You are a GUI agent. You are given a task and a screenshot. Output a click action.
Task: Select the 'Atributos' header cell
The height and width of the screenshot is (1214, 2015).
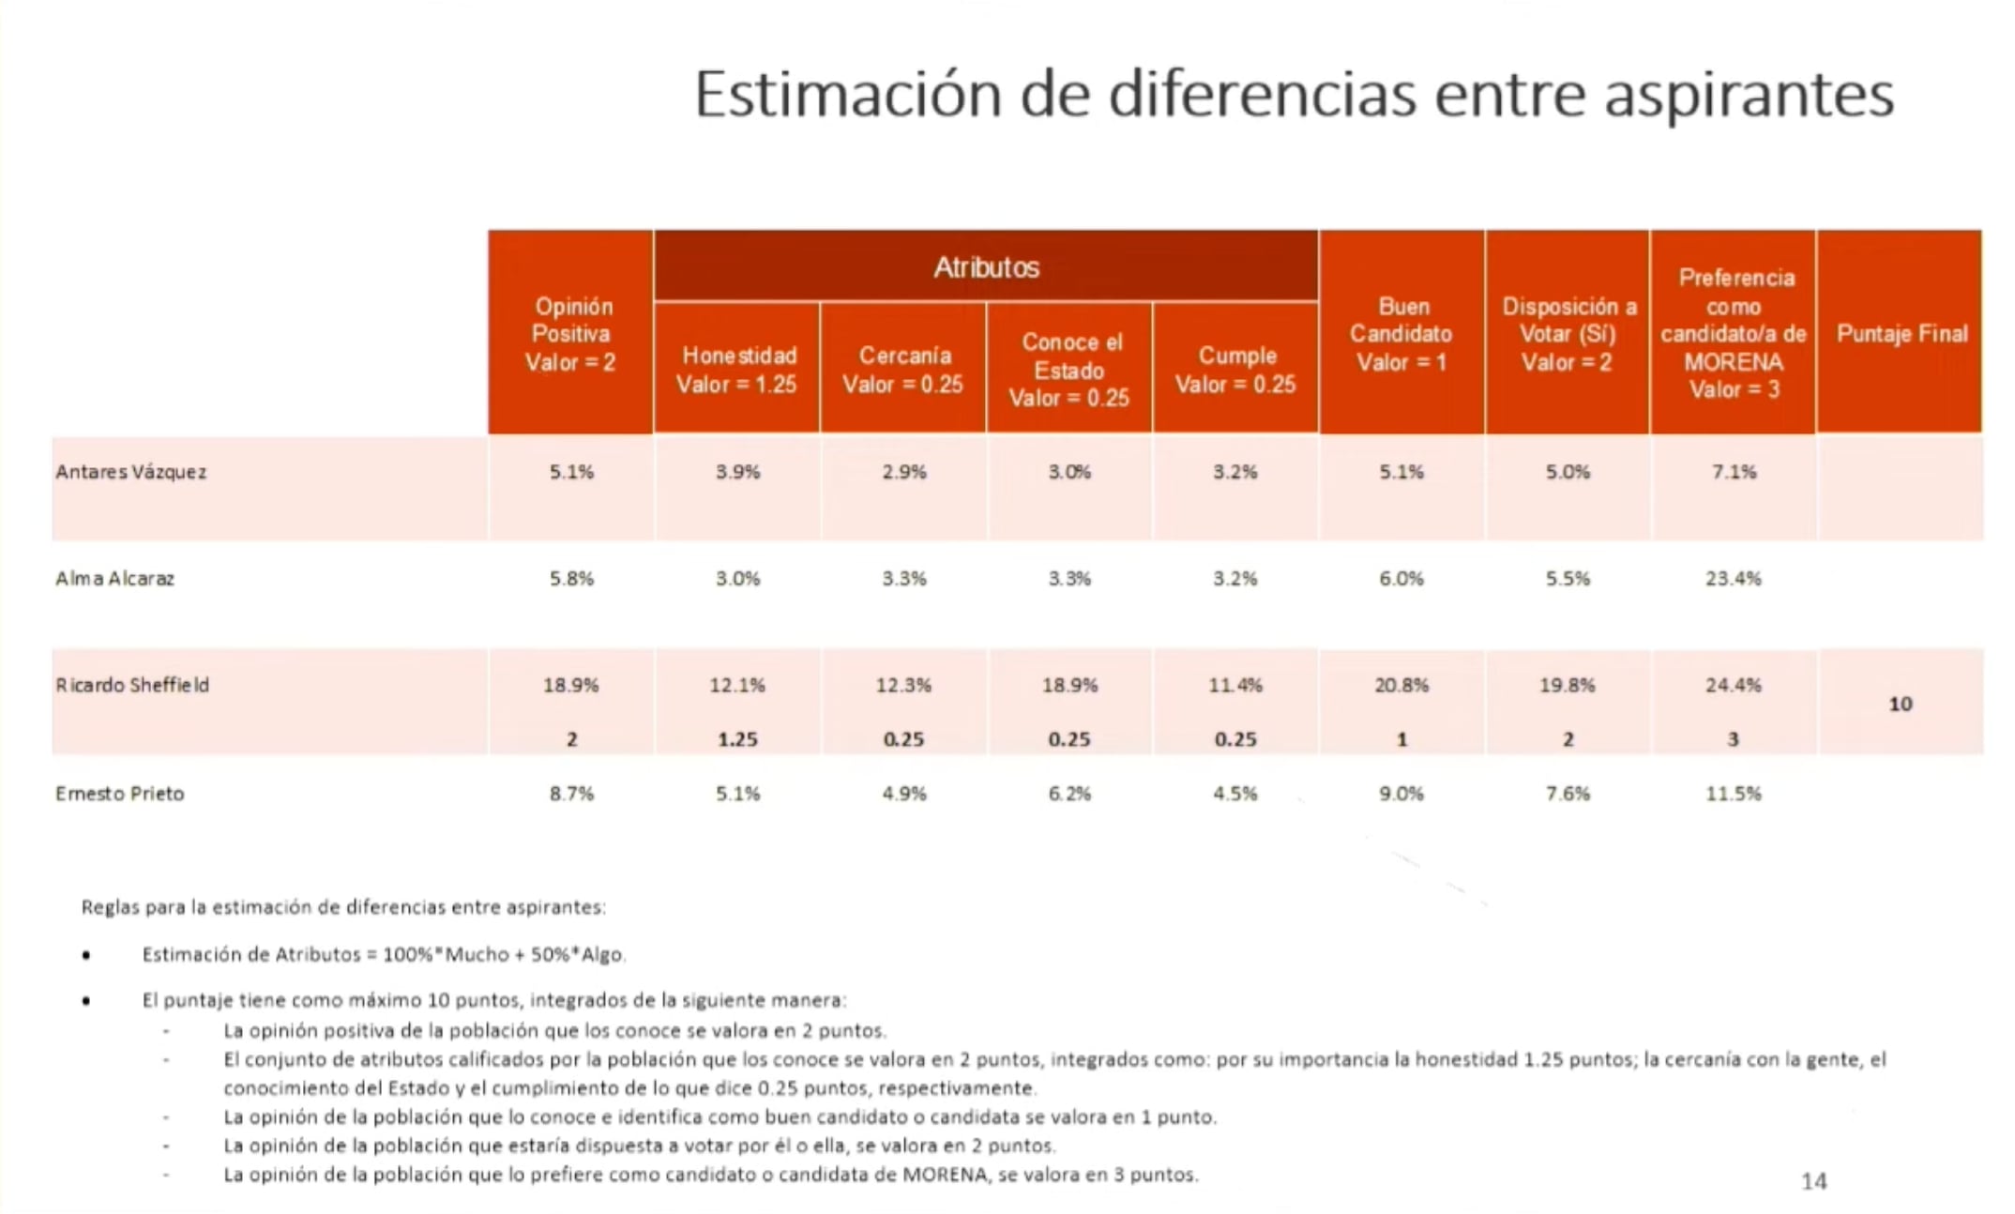986,267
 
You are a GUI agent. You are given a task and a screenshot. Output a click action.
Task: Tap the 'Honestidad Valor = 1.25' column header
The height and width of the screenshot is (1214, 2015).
737,370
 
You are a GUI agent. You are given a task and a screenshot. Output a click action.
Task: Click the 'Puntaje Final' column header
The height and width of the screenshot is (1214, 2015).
1901,333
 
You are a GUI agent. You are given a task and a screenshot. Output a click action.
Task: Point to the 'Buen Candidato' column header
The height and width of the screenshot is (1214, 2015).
1401,333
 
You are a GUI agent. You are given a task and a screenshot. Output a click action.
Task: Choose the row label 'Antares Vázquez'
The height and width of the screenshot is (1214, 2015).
130,472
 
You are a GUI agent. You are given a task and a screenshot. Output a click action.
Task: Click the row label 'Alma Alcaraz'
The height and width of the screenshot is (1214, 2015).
114,579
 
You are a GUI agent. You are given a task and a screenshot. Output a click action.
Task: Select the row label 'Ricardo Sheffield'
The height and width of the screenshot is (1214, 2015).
132,685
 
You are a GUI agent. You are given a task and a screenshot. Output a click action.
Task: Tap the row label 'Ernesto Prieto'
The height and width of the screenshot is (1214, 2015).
120,794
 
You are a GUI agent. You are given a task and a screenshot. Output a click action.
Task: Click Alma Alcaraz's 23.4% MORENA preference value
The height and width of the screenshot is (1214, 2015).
1733,579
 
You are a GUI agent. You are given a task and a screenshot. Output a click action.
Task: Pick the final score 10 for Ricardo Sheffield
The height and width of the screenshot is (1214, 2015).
1900,704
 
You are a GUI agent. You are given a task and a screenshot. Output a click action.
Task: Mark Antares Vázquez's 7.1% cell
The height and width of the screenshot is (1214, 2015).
1733,472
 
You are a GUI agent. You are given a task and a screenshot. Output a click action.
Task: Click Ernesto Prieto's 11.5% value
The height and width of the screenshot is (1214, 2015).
1733,794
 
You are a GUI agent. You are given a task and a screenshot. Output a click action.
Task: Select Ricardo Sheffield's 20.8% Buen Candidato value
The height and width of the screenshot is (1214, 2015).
1401,685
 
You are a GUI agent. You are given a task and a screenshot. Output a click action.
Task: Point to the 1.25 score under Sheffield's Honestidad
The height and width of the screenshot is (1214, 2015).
737,739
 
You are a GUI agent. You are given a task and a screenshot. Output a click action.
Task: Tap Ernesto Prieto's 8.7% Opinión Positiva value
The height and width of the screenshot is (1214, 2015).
571,794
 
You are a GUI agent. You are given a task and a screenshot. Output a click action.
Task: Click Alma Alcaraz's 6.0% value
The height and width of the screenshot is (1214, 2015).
1401,579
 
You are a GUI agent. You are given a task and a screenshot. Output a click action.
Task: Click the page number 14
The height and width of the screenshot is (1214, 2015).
1813,1181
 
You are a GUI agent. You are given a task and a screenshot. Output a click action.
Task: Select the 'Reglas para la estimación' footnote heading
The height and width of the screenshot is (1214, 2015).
343,907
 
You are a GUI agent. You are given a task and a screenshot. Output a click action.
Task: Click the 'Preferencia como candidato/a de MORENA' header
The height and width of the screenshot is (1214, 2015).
1733,333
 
